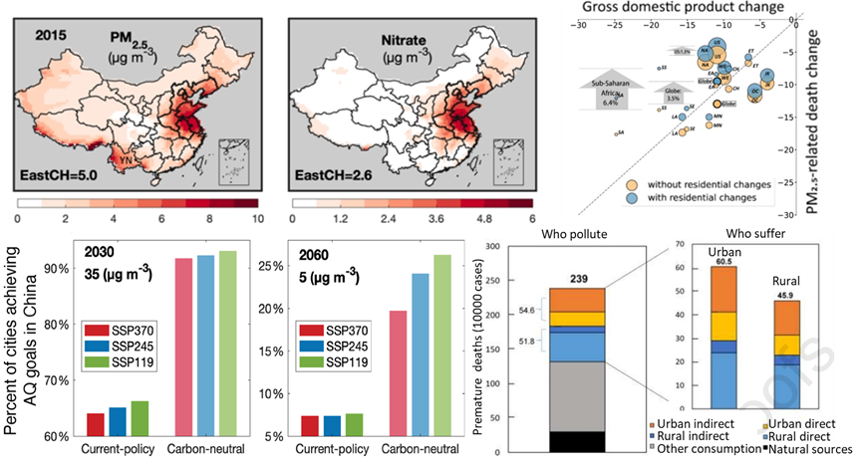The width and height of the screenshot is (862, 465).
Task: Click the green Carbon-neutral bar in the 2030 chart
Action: pos(228,344)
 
